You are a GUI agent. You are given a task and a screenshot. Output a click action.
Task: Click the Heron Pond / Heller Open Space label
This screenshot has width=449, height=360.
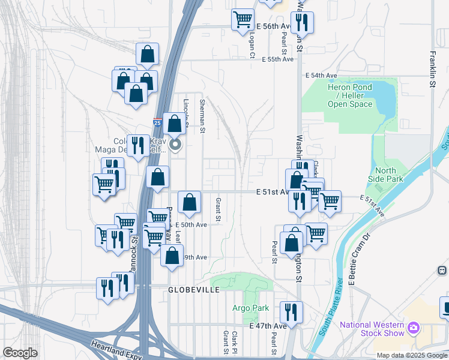coord(349,95)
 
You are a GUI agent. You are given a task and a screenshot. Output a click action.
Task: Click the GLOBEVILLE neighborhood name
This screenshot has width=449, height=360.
coord(194,289)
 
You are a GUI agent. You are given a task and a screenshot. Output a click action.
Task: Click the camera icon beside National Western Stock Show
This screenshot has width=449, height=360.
coord(412,328)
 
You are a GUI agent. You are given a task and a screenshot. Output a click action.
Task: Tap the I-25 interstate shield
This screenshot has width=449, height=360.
coord(158,122)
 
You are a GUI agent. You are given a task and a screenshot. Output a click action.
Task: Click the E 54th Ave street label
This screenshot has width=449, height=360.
coord(321,76)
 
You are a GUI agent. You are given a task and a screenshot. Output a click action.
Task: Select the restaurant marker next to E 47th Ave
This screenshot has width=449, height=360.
coord(292,312)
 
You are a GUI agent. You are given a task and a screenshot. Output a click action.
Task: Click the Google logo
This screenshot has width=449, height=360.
coord(20,352)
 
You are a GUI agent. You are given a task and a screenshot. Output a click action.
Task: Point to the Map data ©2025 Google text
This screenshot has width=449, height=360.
coord(411,355)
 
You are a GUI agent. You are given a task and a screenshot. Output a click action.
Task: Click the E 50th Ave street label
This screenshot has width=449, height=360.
coord(193,224)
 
